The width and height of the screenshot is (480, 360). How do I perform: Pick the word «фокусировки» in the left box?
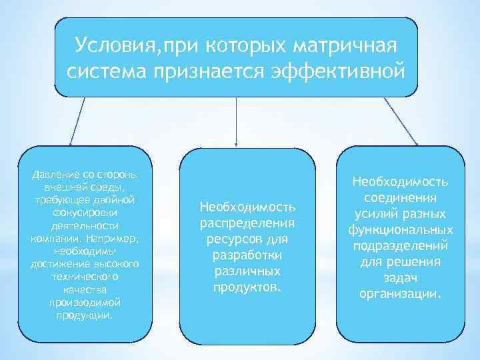tap(85, 212)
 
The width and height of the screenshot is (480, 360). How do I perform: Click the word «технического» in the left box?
tap(85, 276)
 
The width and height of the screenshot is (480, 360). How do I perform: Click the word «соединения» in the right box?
tap(400, 198)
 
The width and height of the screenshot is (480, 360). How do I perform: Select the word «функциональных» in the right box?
tap(400, 230)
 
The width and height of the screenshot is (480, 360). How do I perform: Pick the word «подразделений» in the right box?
tap(400, 246)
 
